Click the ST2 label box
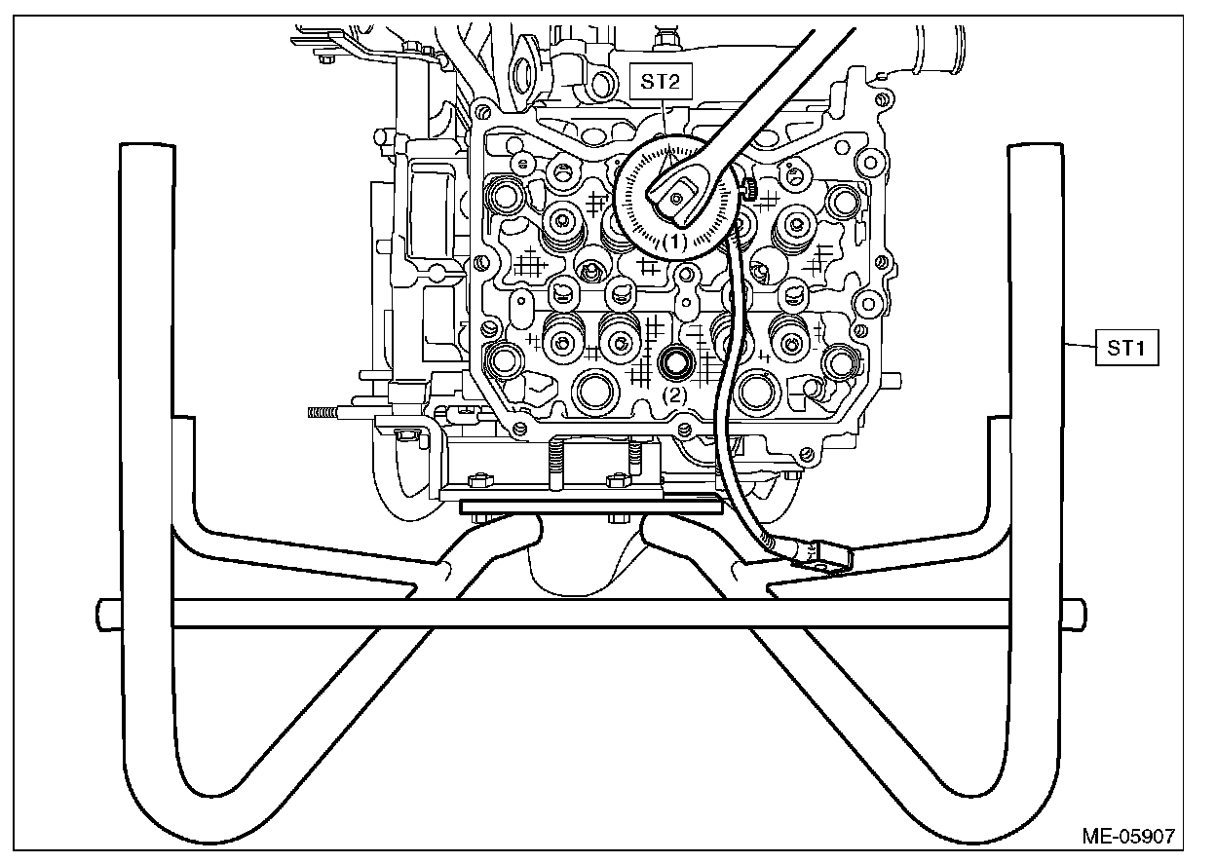(x=661, y=81)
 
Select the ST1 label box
(x=1126, y=347)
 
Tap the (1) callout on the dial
(x=676, y=240)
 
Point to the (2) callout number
(x=675, y=395)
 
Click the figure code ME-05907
(x=1127, y=836)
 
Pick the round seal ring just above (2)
(x=675, y=363)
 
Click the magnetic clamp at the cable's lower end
(x=817, y=556)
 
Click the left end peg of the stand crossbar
(x=106, y=614)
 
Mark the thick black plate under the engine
(x=589, y=507)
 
